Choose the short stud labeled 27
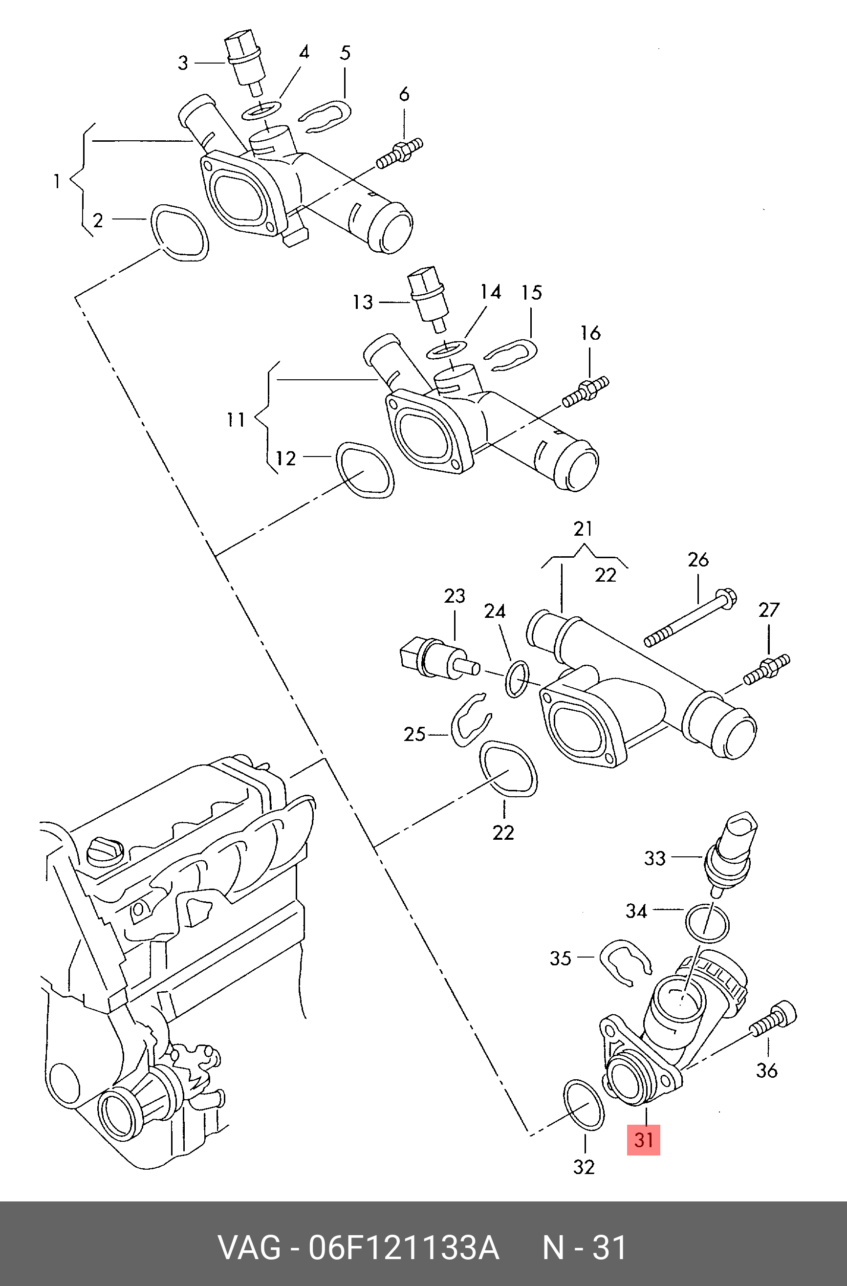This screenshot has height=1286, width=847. [766, 669]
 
